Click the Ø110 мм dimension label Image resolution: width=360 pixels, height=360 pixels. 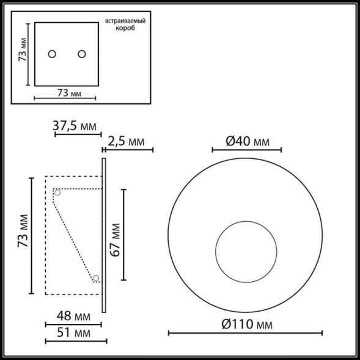point(246,323)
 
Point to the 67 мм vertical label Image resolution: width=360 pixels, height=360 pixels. point(114,236)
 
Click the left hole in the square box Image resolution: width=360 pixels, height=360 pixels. point(53,54)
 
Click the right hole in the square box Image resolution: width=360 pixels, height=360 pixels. point(81,54)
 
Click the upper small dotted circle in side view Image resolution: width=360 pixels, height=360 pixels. point(58,193)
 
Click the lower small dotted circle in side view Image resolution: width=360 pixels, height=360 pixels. point(96,279)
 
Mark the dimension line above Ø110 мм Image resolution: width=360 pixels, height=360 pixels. point(246,333)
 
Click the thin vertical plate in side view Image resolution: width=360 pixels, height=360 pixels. point(105,235)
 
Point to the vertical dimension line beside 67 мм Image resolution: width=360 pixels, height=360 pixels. point(125,235)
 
